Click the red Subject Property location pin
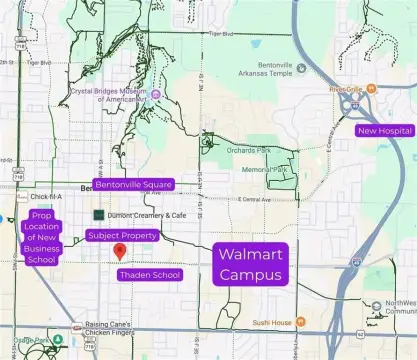click(x=119, y=250)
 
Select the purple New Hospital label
click(x=384, y=131)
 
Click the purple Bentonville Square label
click(x=134, y=185)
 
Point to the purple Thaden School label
click(x=149, y=274)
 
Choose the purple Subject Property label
click(x=122, y=235)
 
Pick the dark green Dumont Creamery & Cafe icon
click(x=98, y=214)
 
